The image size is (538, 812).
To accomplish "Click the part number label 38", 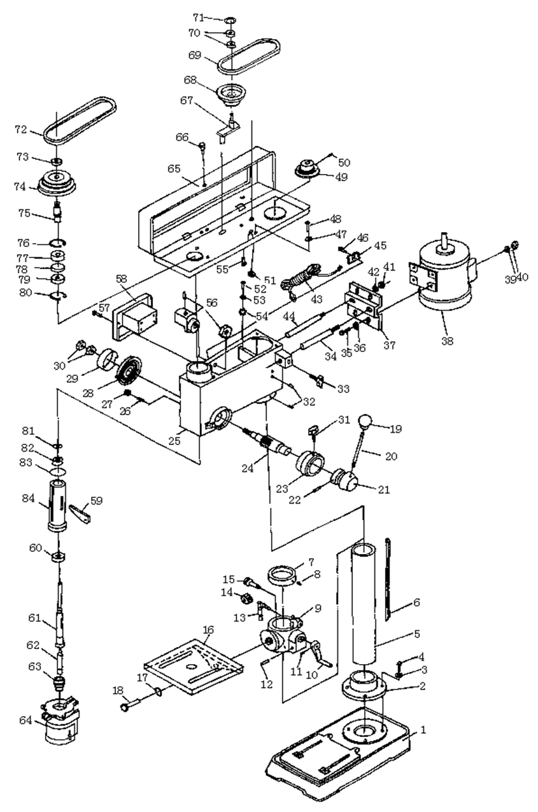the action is [x=447, y=340].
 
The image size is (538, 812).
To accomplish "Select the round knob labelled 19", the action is [x=365, y=421].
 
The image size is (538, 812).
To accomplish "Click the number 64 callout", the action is [x=25, y=720].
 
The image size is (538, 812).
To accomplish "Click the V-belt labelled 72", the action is [x=79, y=121].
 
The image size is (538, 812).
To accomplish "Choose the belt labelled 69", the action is [x=249, y=57].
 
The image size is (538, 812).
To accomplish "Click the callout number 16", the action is [x=208, y=630].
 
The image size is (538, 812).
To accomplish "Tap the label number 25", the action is [x=175, y=441].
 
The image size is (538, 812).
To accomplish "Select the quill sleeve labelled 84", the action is [x=58, y=506].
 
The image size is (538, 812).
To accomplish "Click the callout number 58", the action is [x=122, y=279].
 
